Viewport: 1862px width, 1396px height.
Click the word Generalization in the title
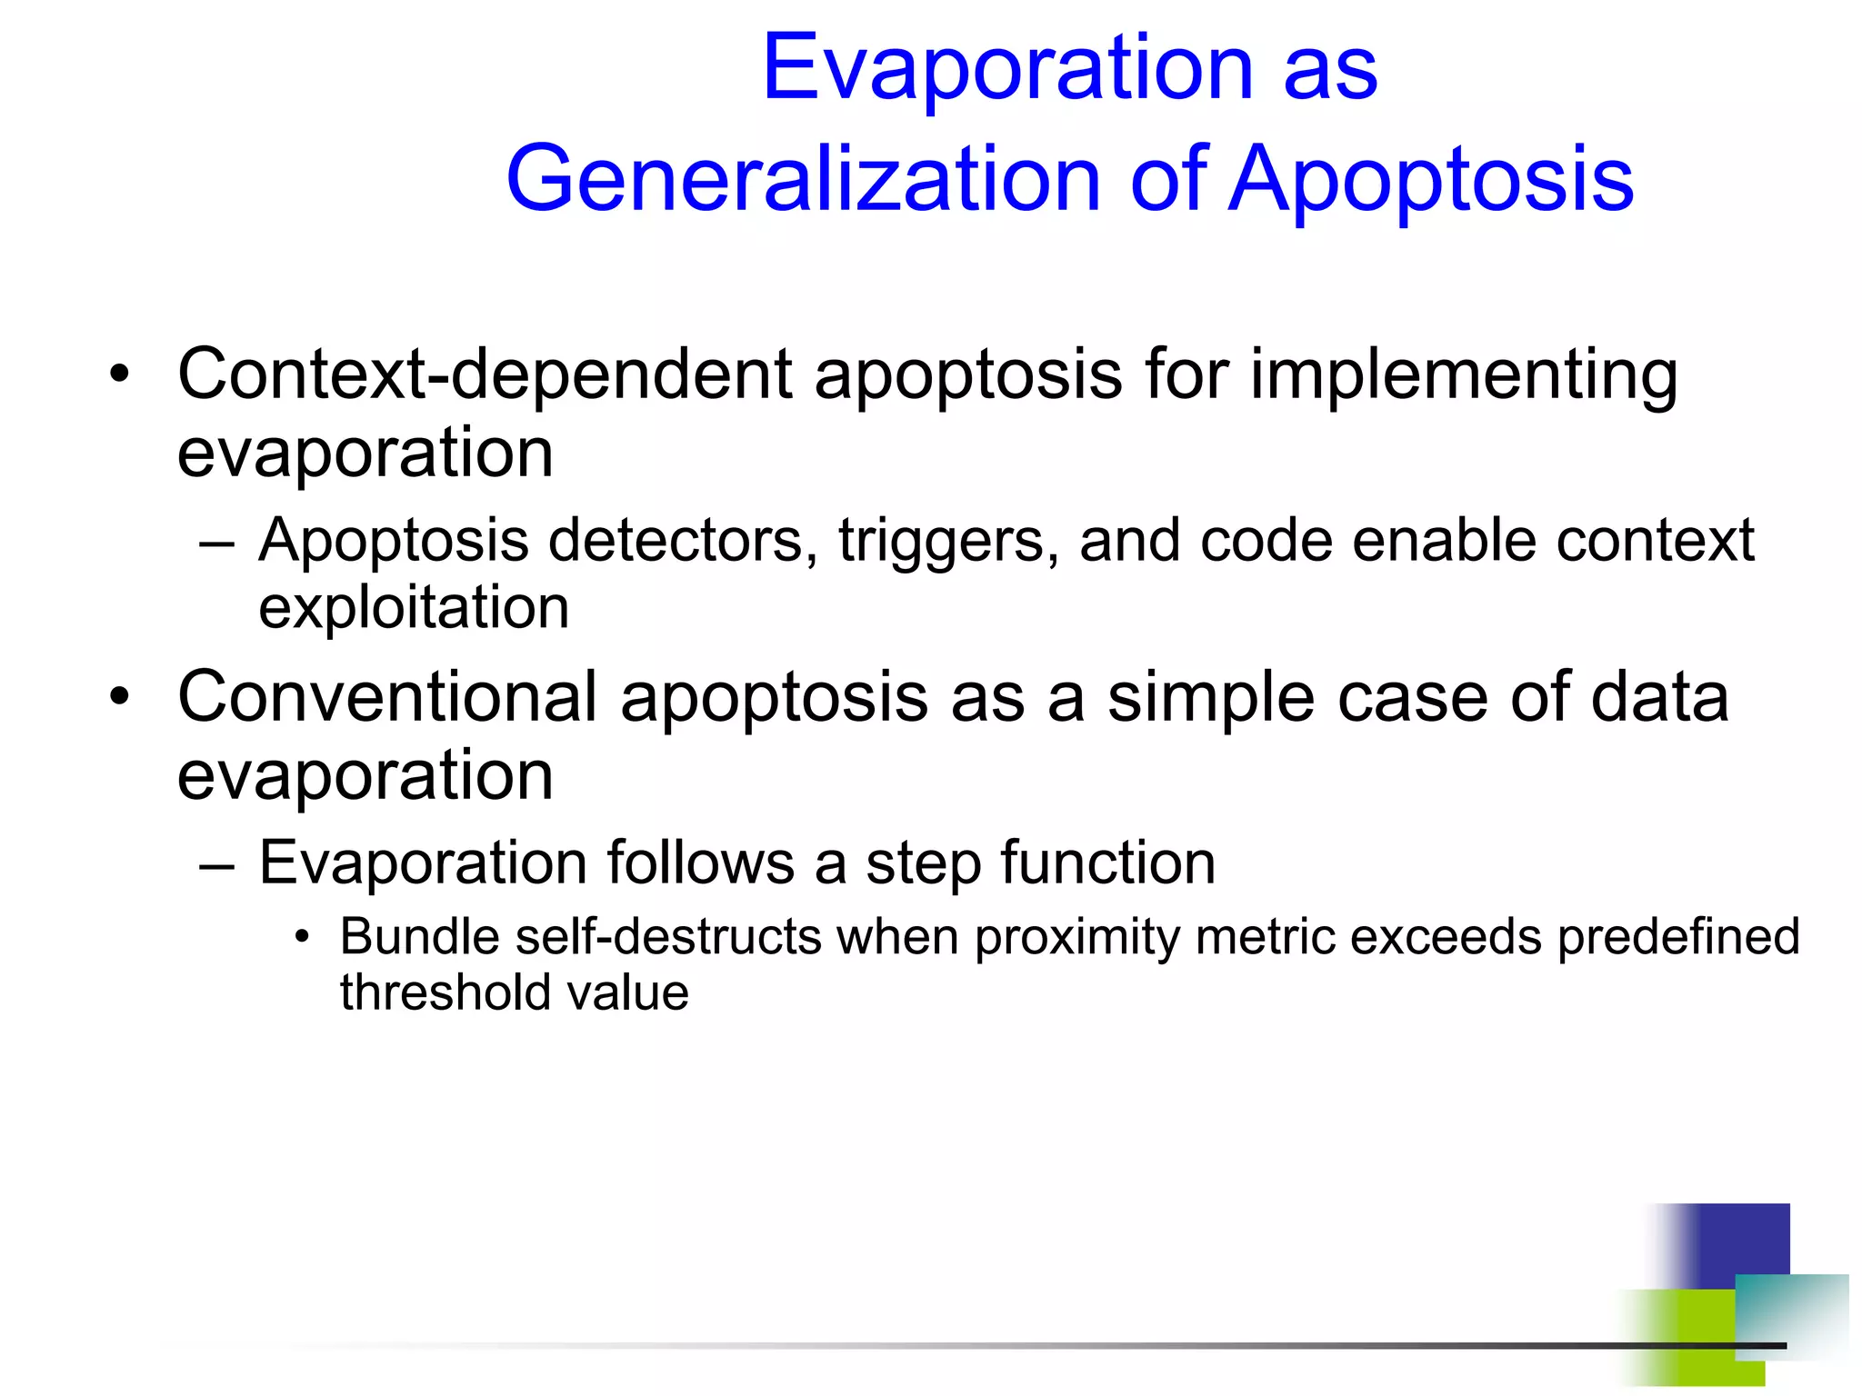[x=804, y=180]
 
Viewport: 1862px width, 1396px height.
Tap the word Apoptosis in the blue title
[x=1431, y=180]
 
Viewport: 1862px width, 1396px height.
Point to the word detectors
[x=676, y=541]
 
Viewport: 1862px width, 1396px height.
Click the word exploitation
[x=414, y=608]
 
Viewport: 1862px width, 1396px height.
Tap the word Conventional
[x=387, y=697]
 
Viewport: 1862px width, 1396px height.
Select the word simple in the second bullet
[x=1210, y=699]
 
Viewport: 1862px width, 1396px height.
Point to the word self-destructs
[x=668, y=936]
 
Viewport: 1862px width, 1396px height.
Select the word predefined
[x=1678, y=936]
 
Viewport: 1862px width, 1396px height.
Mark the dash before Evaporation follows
[x=216, y=864]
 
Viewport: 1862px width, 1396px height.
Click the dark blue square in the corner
[x=1737, y=1241]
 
